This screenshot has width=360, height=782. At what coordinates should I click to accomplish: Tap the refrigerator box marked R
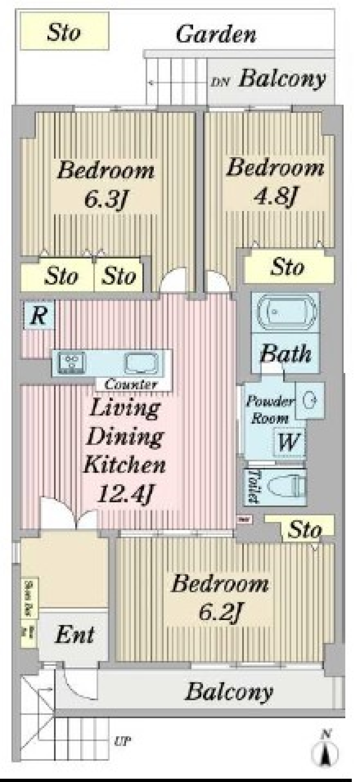tap(38, 315)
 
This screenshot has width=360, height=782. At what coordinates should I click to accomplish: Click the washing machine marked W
tap(289, 443)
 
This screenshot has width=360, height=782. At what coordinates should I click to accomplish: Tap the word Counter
tap(131, 384)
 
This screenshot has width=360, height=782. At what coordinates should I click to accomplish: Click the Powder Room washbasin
tap(310, 400)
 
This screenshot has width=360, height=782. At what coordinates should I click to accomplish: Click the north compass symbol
tap(325, 750)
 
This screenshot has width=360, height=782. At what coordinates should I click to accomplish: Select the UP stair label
tap(122, 741)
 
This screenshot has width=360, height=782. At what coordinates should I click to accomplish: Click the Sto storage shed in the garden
tap(64, 31)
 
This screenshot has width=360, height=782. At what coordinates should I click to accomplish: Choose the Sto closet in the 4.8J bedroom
tap(288, 268)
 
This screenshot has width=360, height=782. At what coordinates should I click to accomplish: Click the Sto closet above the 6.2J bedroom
tap(304, 529)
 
